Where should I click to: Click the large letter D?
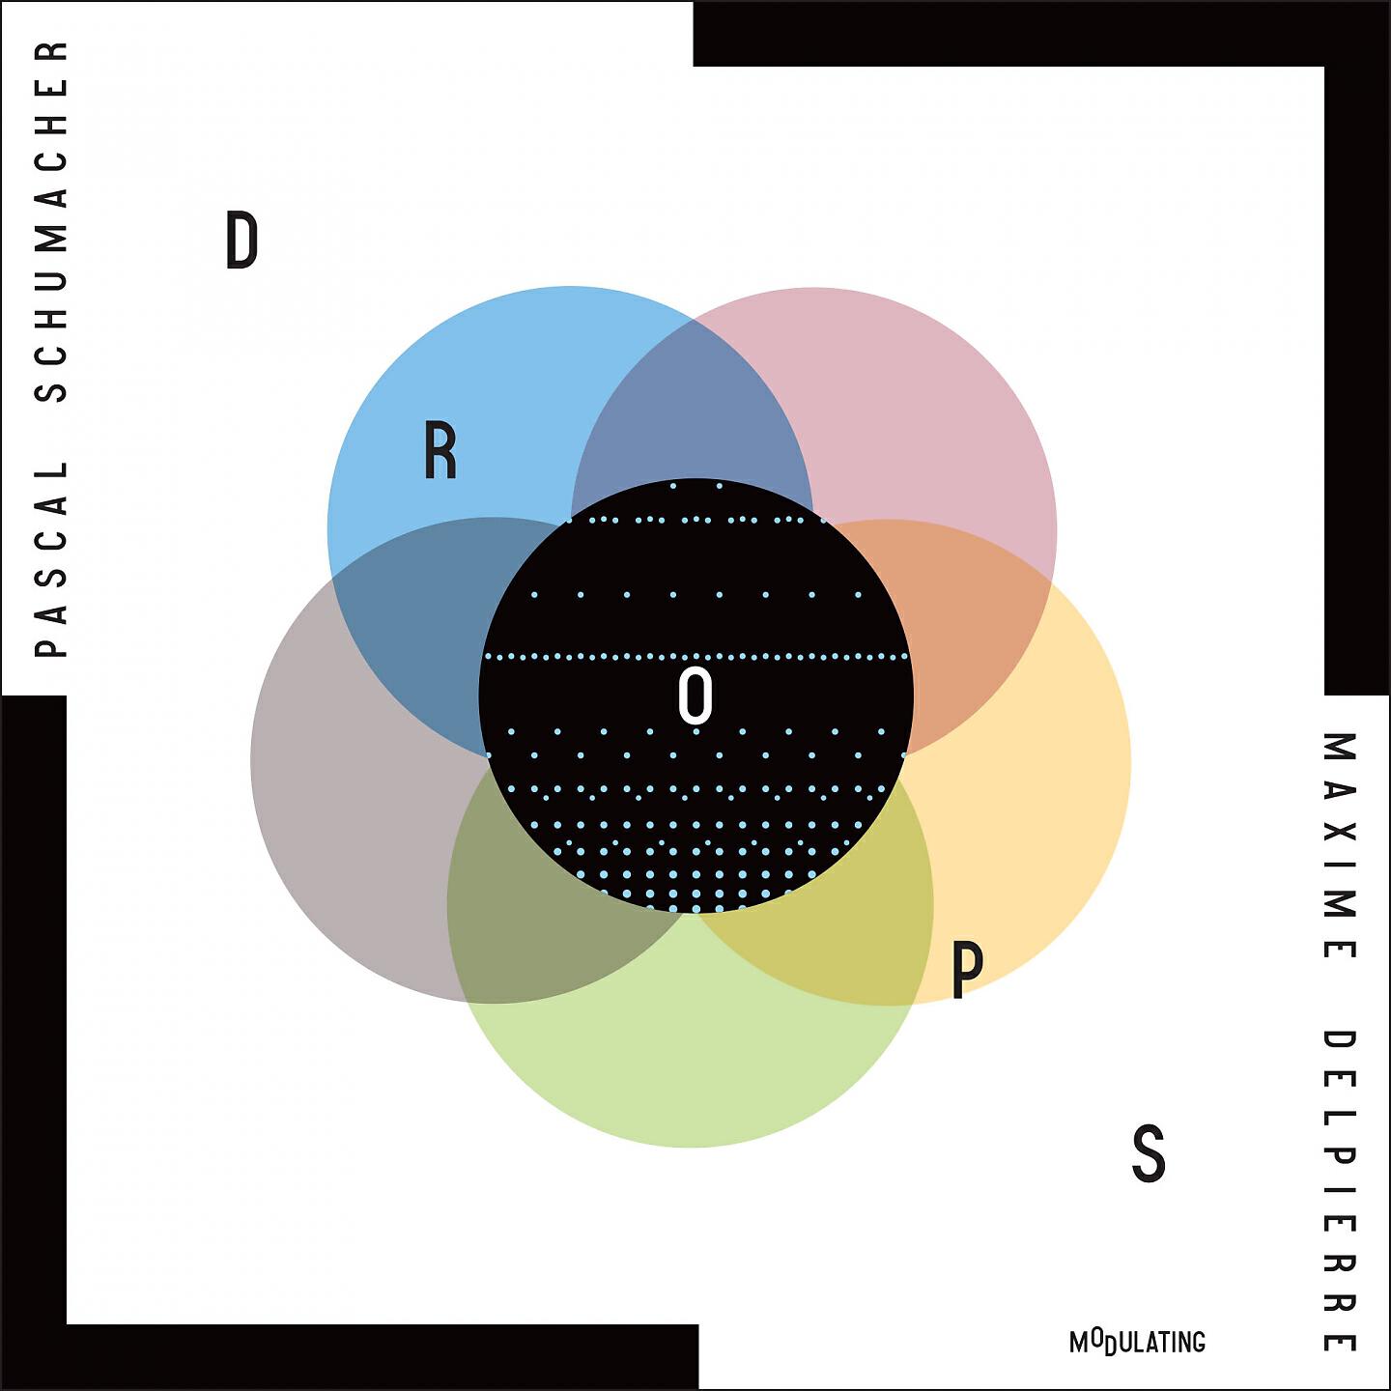[x=241, y=241]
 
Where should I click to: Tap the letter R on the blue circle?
[x=440, y=450]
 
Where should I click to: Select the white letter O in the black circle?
[x=695, y=695]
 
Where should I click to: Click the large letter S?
[x=1149, y=1152]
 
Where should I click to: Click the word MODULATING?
[x=1138, y=1342]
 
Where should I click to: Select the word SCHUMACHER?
[x=50, y=221]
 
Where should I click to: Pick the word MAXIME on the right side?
[x=1340, y=845]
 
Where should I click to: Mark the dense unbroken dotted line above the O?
[x=695, y=657]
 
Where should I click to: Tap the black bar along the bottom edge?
[x=350, y=1357]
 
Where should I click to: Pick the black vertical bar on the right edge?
[x=1357, y=348]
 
